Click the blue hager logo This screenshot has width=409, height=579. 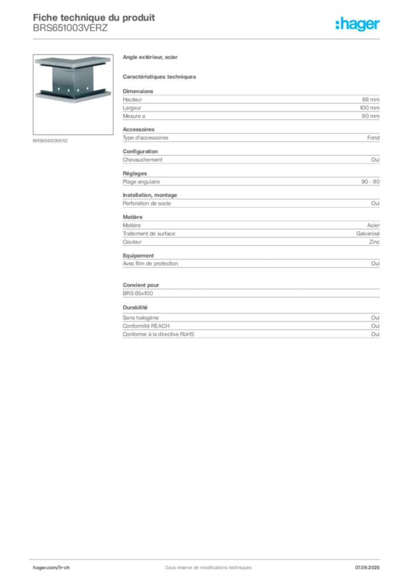tap(359, 25)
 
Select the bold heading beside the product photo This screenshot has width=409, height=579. tap(151, 58)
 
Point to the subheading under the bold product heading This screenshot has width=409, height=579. tap(160, 76)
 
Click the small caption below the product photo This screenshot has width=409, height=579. tap(51, 141)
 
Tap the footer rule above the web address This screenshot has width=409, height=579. tap(207, 558)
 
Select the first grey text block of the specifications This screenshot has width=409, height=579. tap(250, 105)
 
